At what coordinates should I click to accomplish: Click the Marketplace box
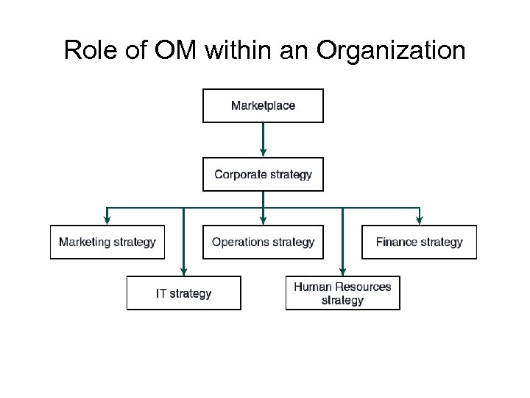click(x=263, y=105)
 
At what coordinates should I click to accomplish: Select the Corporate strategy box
click(x=263, y=175)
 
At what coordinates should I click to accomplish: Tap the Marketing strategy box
click(x=107, y=242)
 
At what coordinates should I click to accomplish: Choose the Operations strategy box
click(x=263, y=242)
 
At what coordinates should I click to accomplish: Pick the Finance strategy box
click(x=419, y=242)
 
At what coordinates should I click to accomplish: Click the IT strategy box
click(x=183, y=293)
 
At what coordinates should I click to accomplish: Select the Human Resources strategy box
click(x=342, y=293)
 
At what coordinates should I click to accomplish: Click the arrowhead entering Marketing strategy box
click(x=107, y=220)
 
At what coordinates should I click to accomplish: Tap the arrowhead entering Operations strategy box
click(x=263, y=220)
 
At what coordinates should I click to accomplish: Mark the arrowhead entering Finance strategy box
click(x=420, y=220)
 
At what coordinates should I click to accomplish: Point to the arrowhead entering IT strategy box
click(x=183, y=271)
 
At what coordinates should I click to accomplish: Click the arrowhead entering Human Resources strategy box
click(x=342, y=271)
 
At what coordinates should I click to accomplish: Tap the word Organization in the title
click(x=392, y=50)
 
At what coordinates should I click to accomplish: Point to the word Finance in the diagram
click(x=398, y=242)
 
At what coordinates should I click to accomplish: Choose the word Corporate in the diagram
click(x=239, y=175)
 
